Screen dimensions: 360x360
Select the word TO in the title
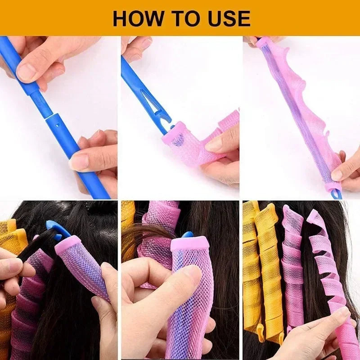(x=183, y=18)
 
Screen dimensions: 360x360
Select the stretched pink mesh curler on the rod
(x=297, y=108)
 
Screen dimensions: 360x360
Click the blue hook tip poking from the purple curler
(x=187, y=234)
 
